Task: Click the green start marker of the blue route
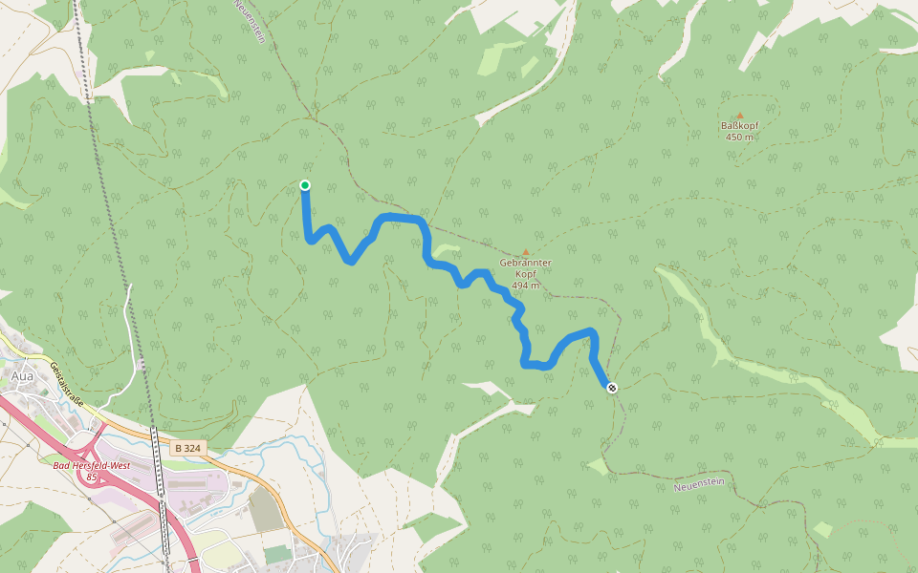click(305, 185)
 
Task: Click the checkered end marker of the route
click(612, 387)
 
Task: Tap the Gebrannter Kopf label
click(525, 266)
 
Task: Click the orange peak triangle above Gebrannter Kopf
click(525, 252)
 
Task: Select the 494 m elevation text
click(525, 286)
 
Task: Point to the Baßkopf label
click(739, 125)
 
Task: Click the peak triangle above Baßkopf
click(739, 116)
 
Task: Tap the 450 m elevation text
click(739, 137)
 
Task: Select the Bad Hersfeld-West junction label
click(91, 464)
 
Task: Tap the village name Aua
click(21, 376)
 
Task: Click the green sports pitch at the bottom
click(278, 553)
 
